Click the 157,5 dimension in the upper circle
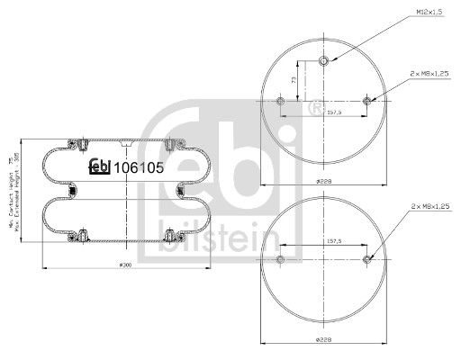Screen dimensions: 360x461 324,114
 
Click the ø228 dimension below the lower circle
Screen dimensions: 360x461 324,339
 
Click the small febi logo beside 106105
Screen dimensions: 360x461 97,167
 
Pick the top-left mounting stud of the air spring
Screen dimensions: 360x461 82,142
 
